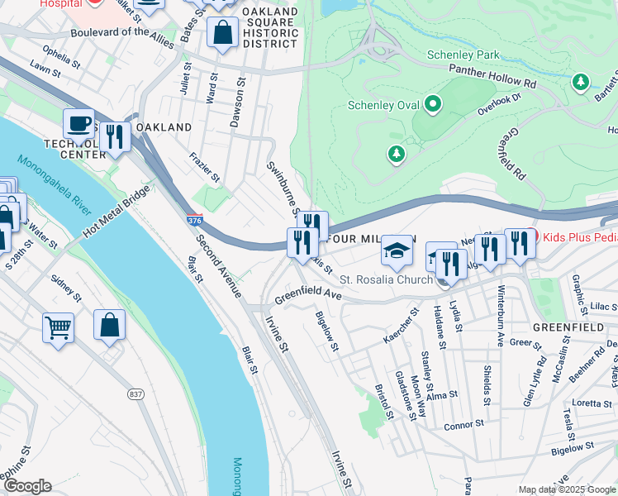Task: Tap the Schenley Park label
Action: pos(463,55)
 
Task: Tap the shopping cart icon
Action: pos(58,327)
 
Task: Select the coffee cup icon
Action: pos(78,124)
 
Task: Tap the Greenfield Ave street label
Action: pos(307,295)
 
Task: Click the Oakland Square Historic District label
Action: pos(271,28)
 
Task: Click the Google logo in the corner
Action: pos(27,485)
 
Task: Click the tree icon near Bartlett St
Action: pos(582,81)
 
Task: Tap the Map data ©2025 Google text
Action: pos(566,489)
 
